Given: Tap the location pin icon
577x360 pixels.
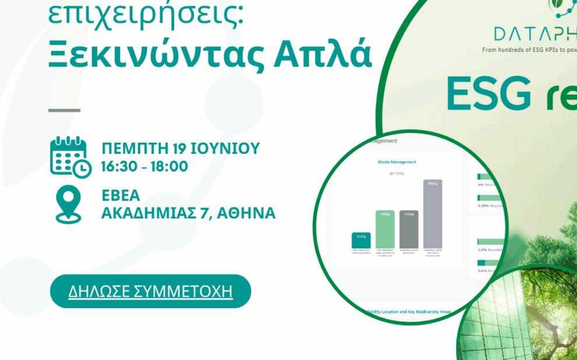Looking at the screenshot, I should tap(68, 204).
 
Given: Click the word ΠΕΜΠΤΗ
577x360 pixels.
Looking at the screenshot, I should tap(131, 148).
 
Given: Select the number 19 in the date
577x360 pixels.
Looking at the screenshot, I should tap(174, 148).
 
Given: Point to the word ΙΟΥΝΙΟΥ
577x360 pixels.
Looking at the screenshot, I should tap(224, 148).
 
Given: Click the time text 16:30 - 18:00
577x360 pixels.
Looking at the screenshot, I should tap(145, 167).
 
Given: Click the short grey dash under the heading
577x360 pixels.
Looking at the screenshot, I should tap(64, 110).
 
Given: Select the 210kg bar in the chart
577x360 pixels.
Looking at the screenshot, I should tap(361, 240).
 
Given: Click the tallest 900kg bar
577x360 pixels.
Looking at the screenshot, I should tap(432, 213).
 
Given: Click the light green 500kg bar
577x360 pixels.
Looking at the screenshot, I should tap(385, 228).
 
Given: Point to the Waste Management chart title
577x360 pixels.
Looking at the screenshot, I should tap(396, 162).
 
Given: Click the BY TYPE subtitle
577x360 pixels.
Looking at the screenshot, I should tap(397, 174).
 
